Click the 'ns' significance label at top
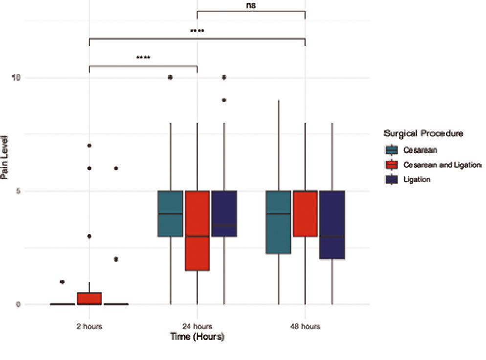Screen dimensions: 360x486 [x=251, y=6]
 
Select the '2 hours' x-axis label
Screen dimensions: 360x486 [x=89, y=326]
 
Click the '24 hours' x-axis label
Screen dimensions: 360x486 [x=197, y=326]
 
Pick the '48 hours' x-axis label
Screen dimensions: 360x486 [x=305, y=326]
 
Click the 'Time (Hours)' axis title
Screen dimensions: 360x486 [x=197, y=337]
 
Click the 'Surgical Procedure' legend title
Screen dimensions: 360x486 [x=423, y=133]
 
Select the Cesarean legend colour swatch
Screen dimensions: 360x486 [x=392, y=149]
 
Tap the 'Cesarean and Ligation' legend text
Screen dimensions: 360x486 [x=442, y=165]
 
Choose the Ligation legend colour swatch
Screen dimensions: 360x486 [x=392, y=180]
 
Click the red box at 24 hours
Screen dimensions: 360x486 [x=197, y=230]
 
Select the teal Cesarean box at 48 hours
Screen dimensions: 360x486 [x=278, y=222]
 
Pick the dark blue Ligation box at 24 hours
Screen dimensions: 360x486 [x=224, y=213]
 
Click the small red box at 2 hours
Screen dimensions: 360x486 [x=89, y=298]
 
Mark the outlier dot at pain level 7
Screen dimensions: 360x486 [x=89, y=146]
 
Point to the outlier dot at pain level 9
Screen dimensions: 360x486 [x=224, y=100]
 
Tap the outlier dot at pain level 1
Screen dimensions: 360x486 [x=62, y=282]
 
